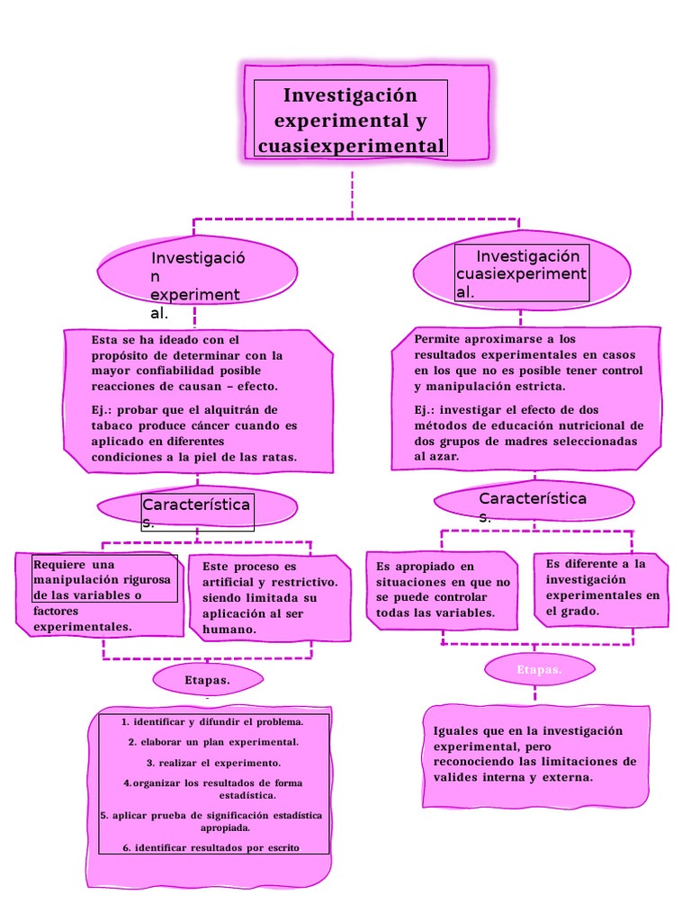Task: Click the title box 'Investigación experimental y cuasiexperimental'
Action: (x=350, y=120)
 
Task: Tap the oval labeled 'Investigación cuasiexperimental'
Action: (x=522, y=273)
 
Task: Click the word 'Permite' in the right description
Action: (x=440, y=339)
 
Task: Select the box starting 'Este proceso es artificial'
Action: (x=267, y=598)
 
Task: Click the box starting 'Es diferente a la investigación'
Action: (x=602, y=587)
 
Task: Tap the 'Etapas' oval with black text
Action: (x=207, y=680)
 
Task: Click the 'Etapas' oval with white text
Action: (x=540, y=670)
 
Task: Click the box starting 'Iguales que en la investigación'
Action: (x=534, y=754)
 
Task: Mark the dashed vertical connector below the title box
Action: (x=352, y=192)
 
